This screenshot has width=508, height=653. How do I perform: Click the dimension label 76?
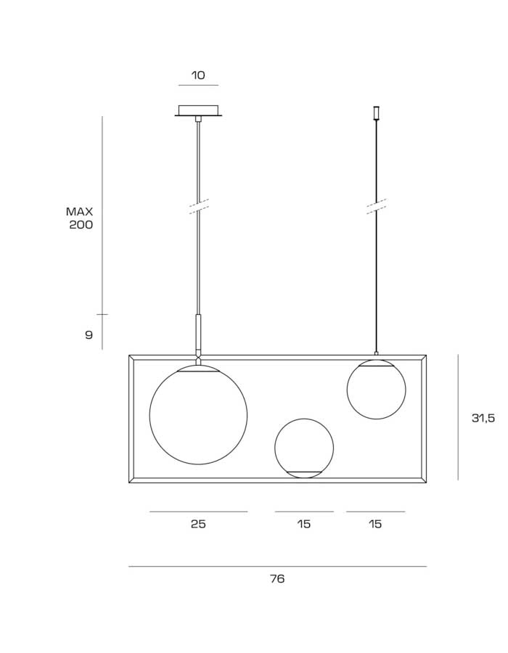[277, 578]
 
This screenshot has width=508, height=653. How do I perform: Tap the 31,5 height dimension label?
[483, 418]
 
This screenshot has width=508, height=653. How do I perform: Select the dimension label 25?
[198, 523]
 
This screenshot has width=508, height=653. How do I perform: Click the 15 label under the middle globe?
[304, 523]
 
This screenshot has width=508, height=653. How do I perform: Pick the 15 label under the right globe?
[375, 523]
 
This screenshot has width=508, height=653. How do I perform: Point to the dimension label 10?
[198, 75]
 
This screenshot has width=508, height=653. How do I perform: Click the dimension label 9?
[89, 334]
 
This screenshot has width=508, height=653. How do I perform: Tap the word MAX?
[79, 212]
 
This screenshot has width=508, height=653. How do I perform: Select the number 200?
[81, 225]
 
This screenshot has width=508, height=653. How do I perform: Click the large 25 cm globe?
[150, 415]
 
